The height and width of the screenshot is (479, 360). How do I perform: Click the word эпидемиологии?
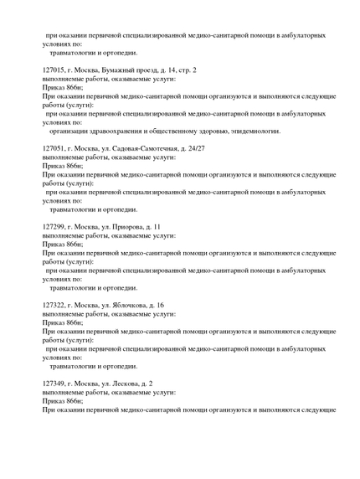252,131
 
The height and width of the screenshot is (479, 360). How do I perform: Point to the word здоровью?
217,131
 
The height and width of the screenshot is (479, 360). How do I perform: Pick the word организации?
65,131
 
